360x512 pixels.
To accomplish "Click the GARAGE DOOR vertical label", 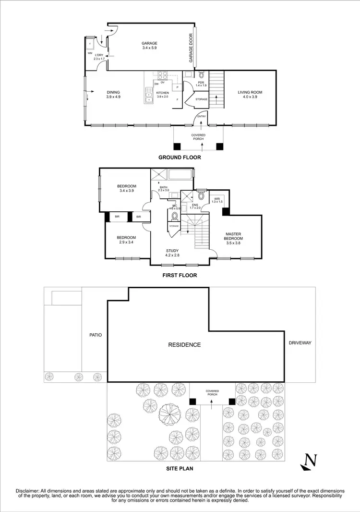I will pyautogui.click(x=191, y=48).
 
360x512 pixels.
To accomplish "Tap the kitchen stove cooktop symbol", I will pyautogui.click(x=162, y=75).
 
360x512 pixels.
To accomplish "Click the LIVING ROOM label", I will pyautogui.click(x=250, y=93).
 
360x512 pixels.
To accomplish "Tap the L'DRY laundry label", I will pyautogui.click(x=99, y=55).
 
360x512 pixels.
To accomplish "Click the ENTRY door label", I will pyautogui.click(x=201, y=116).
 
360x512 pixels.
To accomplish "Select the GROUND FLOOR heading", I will pyautogui.click(x=180, y=158).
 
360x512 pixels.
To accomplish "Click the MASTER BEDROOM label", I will pyautogui.click(x=234, y=236).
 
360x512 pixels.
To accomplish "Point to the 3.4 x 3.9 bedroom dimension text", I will pyautogui.click(x=127, y=191).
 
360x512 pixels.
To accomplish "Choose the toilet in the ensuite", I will pyautogui.click(x=201, y=196).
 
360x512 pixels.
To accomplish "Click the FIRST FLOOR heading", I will pyautogui.click(x=180, y=276).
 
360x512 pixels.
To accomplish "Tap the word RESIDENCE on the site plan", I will pyautogui.click(x=184, y=345).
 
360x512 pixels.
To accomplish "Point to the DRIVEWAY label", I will pyautogui.click(x=300, y=343).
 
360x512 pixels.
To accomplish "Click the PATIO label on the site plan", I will pyautogui.click(x=95, y=335).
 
